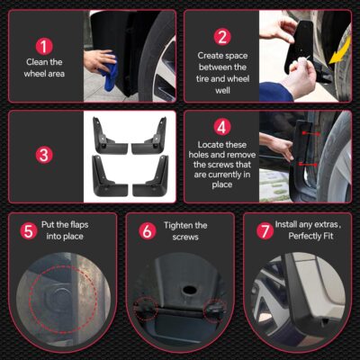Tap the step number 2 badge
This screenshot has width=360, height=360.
220,37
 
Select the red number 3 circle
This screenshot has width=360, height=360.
44,155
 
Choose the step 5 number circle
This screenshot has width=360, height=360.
30,231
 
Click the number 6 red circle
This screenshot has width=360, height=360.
147,231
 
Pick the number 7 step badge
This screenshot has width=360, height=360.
264,231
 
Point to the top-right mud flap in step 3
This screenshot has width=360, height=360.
150,136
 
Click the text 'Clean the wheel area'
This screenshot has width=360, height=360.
44,68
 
